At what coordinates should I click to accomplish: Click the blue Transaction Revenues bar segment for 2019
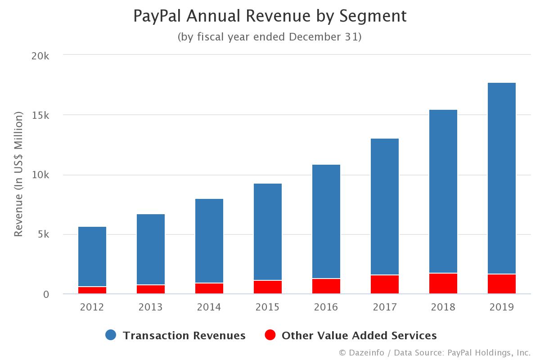pos(502,178)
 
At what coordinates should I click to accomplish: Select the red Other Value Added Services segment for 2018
pos(443,283)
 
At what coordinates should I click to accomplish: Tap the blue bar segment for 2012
pos(92,256)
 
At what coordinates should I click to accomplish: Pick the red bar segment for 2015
pos(268,287)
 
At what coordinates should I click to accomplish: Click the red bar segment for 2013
pos(151,289)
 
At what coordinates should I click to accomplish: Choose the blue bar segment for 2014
pos(209,241)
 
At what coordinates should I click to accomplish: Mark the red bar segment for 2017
pos(385,284)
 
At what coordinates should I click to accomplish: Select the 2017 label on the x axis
pos(385,307)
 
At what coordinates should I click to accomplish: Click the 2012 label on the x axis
pos(92,307)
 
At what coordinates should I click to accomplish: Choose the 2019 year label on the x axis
pos(502,307)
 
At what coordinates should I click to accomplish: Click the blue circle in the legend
pos(111,335)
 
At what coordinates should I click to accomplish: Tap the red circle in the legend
pos(270,335)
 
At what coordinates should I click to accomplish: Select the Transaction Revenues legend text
pos(184,336)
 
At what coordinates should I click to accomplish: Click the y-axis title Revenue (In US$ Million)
pos(18,175)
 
